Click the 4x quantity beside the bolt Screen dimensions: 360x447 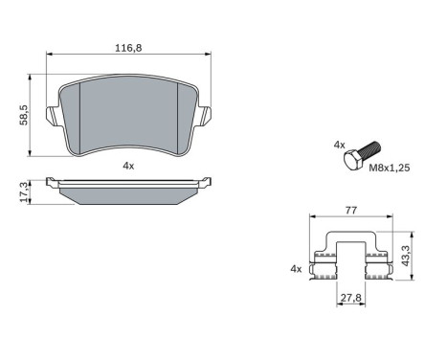(338, 145)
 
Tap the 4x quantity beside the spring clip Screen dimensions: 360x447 (296, 270)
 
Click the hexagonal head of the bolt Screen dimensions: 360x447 (352, 157)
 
